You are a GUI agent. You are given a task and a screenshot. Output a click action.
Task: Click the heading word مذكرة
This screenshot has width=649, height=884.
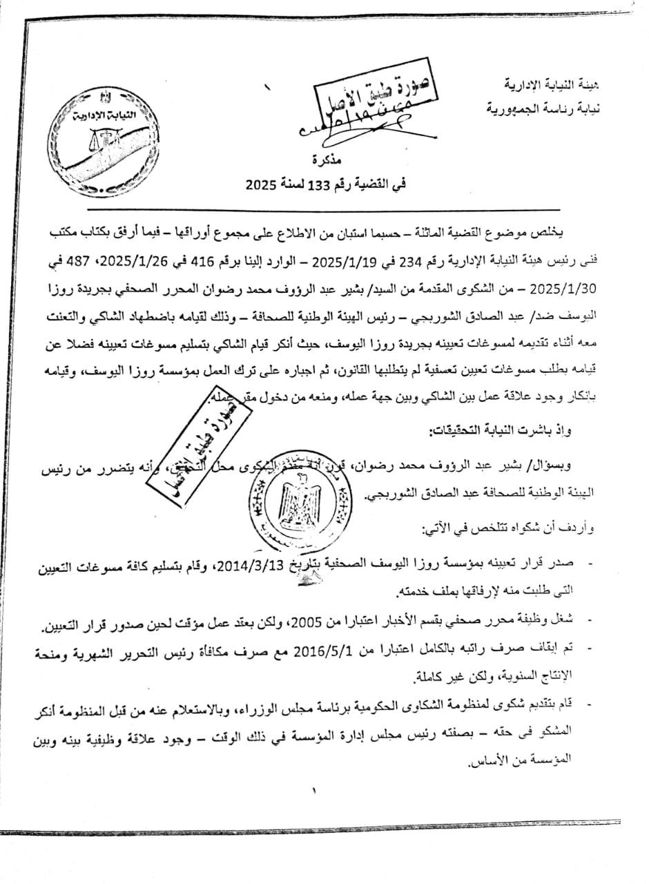pyautogui.click(x=318, y=161)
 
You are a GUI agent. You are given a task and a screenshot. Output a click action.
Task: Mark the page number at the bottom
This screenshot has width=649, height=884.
pyautogui.click(x=313, y=790)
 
